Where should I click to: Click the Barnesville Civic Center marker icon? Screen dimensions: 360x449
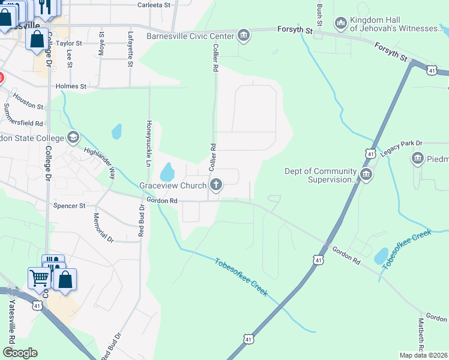tap(244, 35)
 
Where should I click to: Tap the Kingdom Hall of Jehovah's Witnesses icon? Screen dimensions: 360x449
tap(341, 23)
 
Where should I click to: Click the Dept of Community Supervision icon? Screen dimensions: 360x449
tap(366, 175)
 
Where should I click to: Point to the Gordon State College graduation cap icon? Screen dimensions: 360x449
tap(73, 137)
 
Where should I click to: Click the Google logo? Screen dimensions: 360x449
tap(19, 352)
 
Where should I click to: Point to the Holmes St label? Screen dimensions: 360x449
tap(71, 86)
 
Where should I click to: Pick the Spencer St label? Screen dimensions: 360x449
tap(70, 206)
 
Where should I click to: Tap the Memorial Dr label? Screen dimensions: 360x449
tap(103, 227)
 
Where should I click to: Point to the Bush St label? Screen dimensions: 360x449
tap(319, 13)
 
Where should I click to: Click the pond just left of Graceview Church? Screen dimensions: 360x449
tap(166, 172)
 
